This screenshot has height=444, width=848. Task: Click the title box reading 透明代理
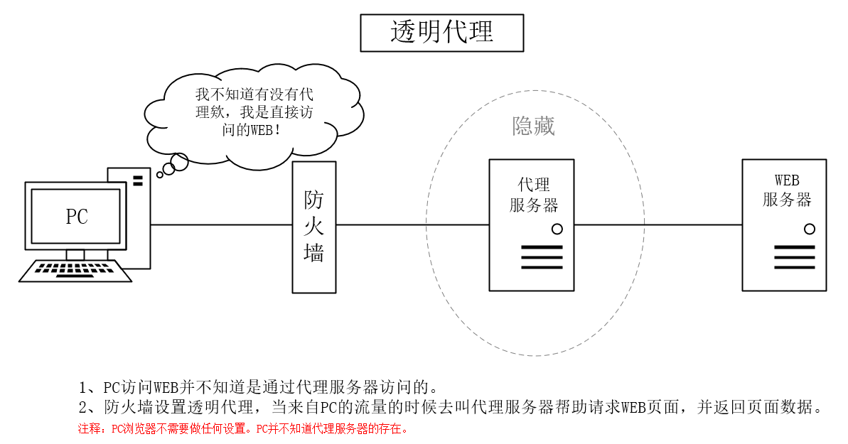coord(441,33)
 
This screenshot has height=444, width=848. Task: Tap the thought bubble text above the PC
coord(254,113)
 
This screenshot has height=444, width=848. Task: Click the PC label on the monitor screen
coord(76,216)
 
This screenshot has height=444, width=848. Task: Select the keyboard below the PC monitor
coord(77,271)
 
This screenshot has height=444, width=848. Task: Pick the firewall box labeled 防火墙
coord(313,227)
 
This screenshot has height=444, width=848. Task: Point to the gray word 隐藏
coord(533,126)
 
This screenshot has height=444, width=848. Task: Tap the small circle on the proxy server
coord(557,229)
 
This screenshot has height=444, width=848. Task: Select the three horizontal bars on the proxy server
coord(541,257)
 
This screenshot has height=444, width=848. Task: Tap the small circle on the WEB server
coord(809,229)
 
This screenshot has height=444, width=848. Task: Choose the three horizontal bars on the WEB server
coord(794,257)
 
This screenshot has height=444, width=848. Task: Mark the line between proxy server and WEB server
coord(658,225)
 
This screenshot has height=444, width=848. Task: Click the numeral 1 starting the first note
coord(82,387)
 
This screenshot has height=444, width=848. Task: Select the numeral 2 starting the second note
coord(82,408)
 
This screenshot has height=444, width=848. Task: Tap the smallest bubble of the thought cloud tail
coord(160,174)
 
